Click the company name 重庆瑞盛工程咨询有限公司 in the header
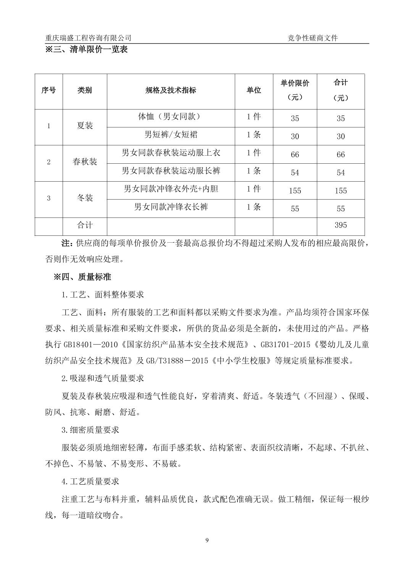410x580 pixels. point(88,38)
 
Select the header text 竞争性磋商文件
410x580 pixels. point(313,38)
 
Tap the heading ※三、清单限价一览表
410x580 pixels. point(86,50)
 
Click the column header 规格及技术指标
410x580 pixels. point(171,90)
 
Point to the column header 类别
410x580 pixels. point(85,90)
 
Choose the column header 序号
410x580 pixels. point(48,90)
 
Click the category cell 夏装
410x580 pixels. point(85,126)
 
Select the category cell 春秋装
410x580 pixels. point(85,162)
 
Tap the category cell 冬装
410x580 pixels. point(85,198)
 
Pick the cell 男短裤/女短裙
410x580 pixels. point(171,135)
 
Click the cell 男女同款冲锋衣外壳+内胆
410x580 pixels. point(171,189)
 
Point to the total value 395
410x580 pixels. point(341,225)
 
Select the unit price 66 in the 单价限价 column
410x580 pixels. point(295,155)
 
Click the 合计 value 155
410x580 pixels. point(341,191)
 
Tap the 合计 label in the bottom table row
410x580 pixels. point(85,225)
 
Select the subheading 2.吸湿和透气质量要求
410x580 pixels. point(103,379)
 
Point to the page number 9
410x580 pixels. point(207,540)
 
